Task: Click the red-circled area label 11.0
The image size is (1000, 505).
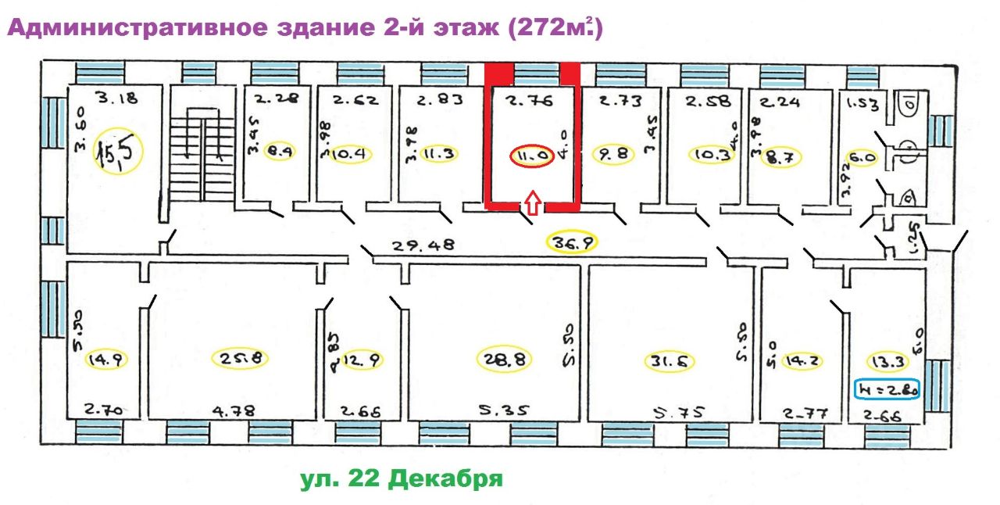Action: [x=531, y=156]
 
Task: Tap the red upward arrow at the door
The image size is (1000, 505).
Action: [x=531, y=204]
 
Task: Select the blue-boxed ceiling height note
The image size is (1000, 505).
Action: [x=888, y=388]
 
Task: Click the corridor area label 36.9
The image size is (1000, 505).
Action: [x=571, y=243]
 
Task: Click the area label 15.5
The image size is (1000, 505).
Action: [x=116, y=152]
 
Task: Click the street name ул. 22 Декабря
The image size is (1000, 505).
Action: [x=402, y=478]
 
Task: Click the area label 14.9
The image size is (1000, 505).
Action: [x=107, y=359]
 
